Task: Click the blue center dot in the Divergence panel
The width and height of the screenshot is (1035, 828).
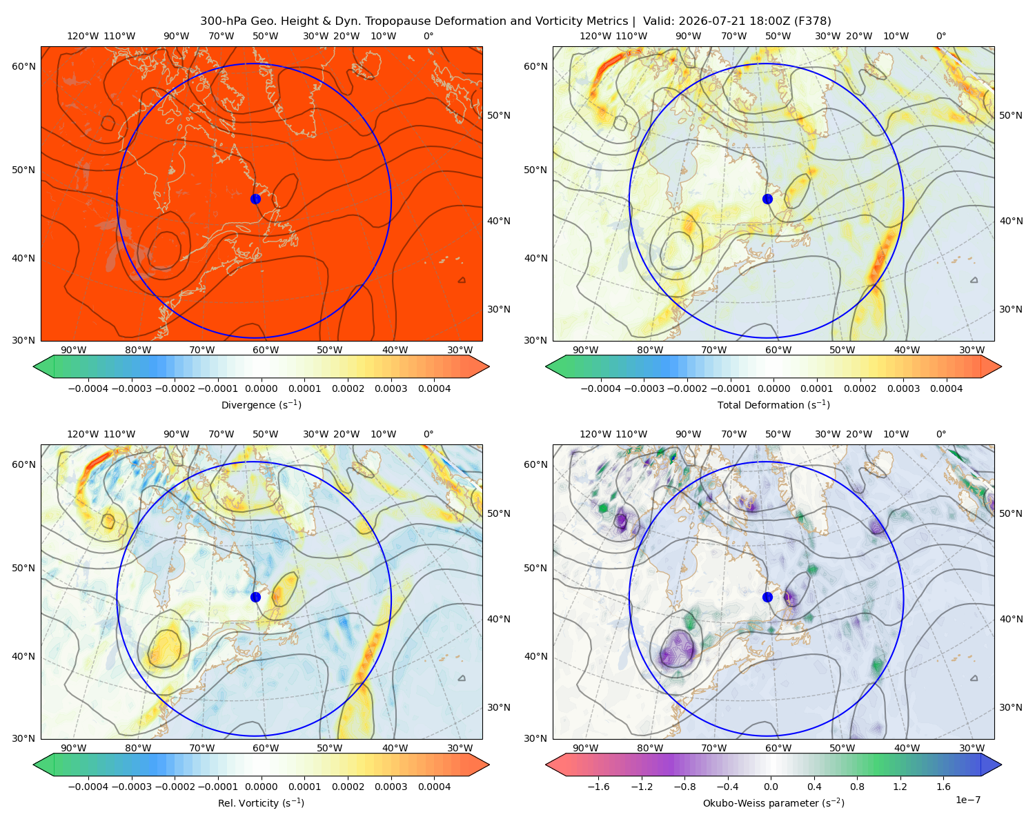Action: click(x=255, y=199)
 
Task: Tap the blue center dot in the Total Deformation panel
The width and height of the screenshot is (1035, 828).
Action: click(x=767, y=199)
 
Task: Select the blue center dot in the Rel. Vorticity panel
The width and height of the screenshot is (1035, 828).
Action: click(x=255, y=597)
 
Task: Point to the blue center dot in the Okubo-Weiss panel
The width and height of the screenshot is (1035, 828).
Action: click(x=767, y=597)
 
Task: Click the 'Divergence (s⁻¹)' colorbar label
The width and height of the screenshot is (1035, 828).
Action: click(x=261, y=404)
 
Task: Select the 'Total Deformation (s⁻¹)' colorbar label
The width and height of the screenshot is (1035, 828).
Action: click(x=773, y=404)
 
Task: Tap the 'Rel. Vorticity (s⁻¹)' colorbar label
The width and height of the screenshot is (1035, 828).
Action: click(x=261, y=802)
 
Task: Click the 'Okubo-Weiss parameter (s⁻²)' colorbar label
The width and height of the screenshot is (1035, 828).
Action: click(x=773, y=802)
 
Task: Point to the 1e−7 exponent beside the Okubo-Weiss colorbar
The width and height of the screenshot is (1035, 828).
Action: click(x=967, y=800)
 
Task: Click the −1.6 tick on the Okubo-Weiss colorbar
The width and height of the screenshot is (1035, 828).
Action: click(x=598, y=786)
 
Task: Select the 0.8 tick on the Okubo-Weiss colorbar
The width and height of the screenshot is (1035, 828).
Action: click(x=857, y=786)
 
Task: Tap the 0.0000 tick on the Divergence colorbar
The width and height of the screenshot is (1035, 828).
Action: click(x=261, y=388)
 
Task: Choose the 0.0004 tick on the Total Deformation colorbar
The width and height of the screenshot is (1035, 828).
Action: click(x=946, y=388)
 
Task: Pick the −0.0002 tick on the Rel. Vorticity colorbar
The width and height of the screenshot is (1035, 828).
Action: click(x=175, y=786)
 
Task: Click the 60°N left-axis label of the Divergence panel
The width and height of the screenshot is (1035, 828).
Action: click(x=23, y=66)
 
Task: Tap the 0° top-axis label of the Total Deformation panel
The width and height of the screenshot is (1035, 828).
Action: click(x=940, y=36)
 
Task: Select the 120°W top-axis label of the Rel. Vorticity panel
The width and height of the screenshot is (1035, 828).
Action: click(x=83, y=433)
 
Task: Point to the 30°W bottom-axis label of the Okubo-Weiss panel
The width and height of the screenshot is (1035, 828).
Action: click(x=972, y=748)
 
